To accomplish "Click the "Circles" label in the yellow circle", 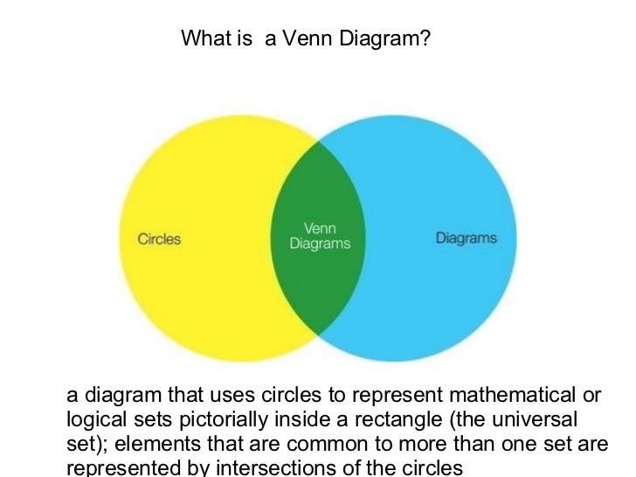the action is (159, 238).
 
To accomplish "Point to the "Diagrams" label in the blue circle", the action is (467, 238).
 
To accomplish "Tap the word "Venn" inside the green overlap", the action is (319, 229).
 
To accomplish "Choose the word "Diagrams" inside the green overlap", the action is (320, 245).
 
